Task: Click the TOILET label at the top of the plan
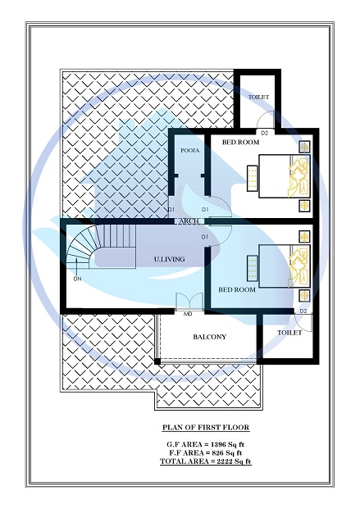click(257, 98)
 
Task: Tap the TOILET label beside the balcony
click(289, 333)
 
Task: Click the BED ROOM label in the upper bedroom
click(240, 143)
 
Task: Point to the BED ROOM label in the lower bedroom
click(236, 289)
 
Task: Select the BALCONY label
click(209, 337)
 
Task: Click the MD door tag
click(188, 312)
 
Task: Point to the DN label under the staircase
click(77, 279)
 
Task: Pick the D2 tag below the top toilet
click(264, 133)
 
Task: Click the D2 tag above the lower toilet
click(303, 311)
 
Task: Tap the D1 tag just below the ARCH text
click(206, 236)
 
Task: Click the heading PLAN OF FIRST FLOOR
click(205, 428)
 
